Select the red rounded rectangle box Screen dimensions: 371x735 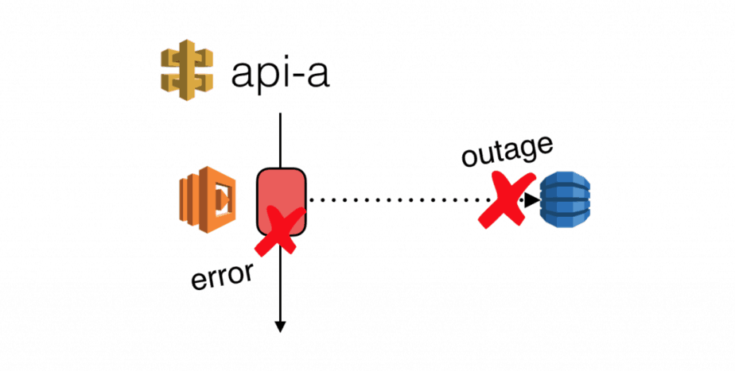[281, 195]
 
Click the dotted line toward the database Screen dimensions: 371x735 [398, 200]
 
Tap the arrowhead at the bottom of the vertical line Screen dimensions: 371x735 [280, 326]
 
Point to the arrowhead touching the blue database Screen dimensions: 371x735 [531, 200]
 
